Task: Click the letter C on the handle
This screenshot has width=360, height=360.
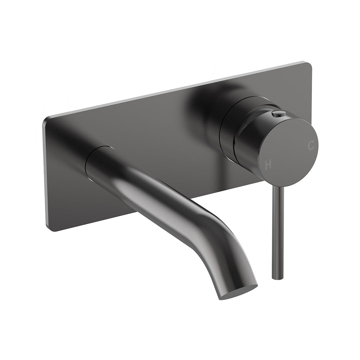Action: [311, 145]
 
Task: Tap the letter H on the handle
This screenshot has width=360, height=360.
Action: [268, 164]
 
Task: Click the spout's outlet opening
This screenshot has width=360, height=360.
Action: [239, 292]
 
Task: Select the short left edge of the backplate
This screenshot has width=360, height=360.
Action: [44, 173]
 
